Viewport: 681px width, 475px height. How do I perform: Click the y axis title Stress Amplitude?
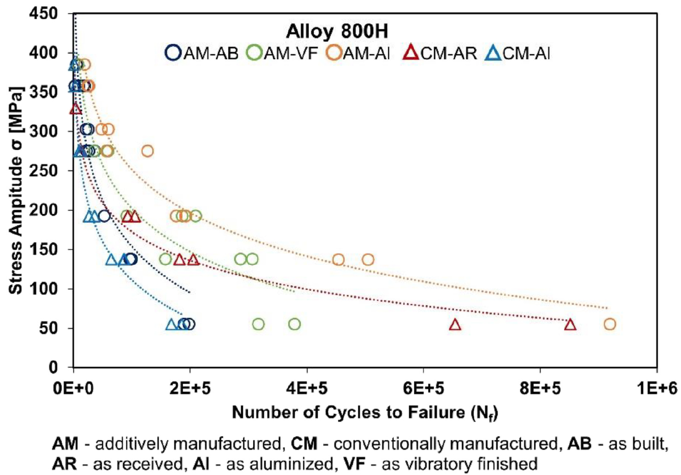[16, 190]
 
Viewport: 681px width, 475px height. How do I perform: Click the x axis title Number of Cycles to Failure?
[366, 413]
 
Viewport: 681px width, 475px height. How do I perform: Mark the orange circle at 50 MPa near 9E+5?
[609, 324]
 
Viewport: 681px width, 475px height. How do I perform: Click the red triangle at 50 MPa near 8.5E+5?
[570, 325]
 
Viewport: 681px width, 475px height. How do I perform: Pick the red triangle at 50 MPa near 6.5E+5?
[455, 325]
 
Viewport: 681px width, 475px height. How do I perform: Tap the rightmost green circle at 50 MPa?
[295, 324]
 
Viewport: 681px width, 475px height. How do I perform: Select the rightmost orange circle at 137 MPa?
[368, 259]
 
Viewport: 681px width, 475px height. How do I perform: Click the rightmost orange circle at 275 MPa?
[148, 150]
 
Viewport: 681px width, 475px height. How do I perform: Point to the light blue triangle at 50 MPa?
[171, 325]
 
